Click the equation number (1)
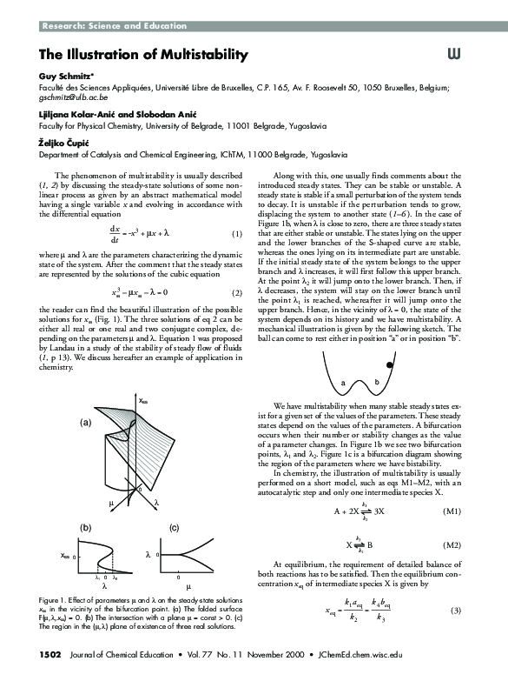pos(235,235)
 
